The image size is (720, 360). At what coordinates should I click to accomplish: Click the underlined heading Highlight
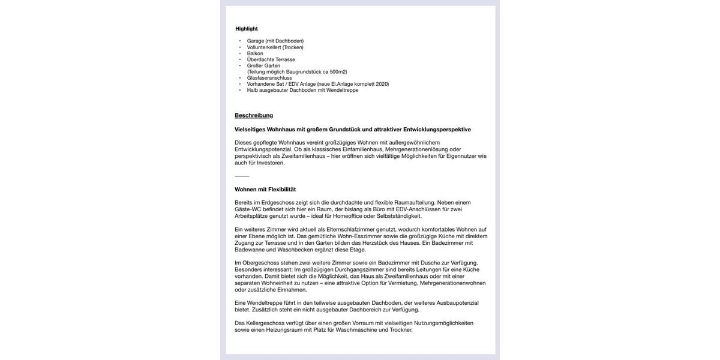tap(247, 29)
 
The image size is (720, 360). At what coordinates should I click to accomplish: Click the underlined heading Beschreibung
tap(254, 115)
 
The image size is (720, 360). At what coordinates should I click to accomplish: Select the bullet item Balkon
tap(255, 53)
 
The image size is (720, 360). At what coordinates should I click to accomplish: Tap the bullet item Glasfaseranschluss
tap(269, 78)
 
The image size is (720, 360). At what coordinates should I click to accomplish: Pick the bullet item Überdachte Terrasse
tap(271, 59)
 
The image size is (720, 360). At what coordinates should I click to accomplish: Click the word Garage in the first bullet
tap(256, 41)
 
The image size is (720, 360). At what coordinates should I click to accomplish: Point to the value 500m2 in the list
tap(338, 72)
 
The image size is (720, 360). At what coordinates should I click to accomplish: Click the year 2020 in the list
tap(382, 84)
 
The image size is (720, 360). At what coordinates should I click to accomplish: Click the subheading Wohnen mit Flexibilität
tap(265, 190)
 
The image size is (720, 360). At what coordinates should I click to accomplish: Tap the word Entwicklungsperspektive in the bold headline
tap(437, 130)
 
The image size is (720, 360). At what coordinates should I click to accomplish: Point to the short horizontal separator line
tap(242, 176)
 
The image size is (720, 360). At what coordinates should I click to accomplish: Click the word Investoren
tap(271, 163)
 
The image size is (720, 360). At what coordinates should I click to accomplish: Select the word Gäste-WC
tap(248, 209)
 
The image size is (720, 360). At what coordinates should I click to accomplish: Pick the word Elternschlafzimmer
tap(350, 229)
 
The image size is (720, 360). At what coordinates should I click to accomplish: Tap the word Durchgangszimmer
tap(359, 269)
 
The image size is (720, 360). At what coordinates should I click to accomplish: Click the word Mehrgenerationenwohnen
tap(452, 283)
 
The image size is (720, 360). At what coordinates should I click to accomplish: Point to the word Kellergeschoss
tap(265, 323)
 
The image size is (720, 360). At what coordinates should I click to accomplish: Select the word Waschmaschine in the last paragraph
tap(356, 330)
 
